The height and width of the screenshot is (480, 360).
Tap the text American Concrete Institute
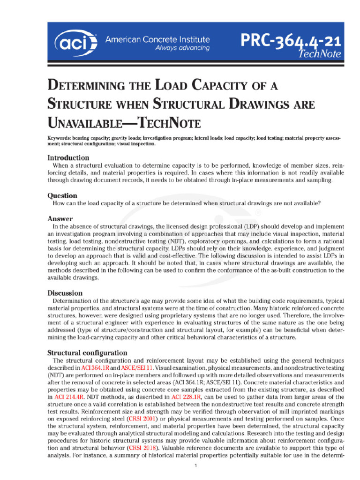click(157, 40)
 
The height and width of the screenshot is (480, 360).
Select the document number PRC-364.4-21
click(291, 43)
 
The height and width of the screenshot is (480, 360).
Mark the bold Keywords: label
click(63, 139)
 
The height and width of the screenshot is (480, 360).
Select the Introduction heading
click(68, 158)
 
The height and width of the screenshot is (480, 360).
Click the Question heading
click(62, 195)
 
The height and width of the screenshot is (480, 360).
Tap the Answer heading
click(60, 219)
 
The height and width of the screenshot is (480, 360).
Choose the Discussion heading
click(65, 293)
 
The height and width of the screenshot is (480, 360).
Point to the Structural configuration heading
click(87, 352)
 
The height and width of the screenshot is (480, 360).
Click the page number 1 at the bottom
click(197, 466)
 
